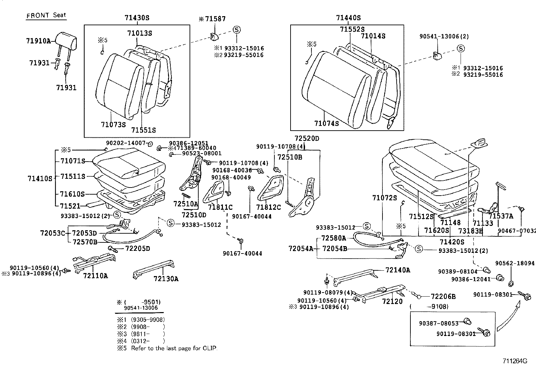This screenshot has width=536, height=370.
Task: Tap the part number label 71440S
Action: pos(348,18)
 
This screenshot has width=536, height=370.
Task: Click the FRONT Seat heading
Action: pos(46,15)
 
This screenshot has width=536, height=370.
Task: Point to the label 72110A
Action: pos(95,276)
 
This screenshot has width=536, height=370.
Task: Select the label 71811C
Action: pos(220,207)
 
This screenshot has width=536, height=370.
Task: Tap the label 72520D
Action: pos(306,139)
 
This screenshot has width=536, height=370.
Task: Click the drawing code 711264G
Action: pos(514,361)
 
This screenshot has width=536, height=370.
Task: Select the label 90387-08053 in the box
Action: pos(439,324)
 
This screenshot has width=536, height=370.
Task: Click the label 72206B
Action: pos(443,297)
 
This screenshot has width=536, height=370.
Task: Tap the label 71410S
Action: pos(40,179)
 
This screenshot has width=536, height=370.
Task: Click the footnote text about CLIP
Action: pos(174,348)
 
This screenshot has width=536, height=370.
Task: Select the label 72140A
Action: pos(398,270)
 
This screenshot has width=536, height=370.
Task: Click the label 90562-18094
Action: pos(515,263)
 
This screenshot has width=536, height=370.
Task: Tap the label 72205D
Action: pos(137,249)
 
